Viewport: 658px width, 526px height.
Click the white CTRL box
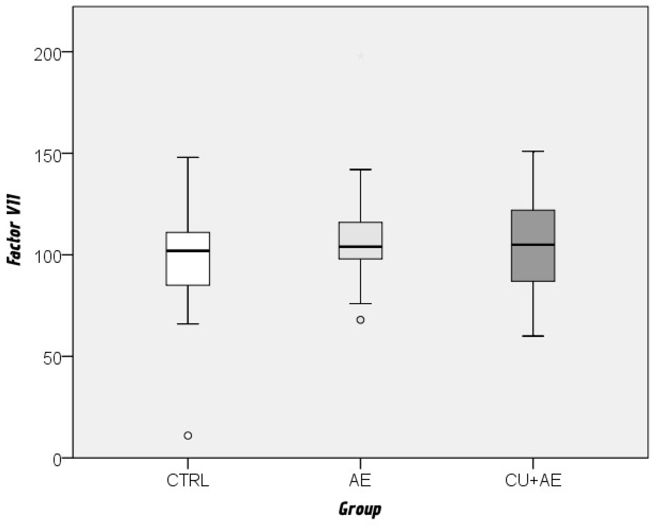point(188,269)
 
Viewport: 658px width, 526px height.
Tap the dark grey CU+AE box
point(533,263)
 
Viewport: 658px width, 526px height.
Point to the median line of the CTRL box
point(188,251)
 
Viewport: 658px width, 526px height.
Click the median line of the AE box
point(360,247)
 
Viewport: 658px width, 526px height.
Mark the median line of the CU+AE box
point(533,244)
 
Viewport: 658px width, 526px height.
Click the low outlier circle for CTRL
point(188,435)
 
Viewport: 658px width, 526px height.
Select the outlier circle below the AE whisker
point(360,320)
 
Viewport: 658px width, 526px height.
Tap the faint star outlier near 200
point(360,56)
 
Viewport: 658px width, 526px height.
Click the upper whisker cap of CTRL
point(188,157)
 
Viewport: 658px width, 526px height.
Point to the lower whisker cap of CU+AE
point(533,336)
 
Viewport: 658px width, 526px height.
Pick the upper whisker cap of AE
point(360,169)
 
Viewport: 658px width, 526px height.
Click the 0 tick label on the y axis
point(57,460)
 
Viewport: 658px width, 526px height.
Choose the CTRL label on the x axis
point(188,481)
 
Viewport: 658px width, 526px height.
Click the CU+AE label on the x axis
point(533,481)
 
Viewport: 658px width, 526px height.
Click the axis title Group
point(360,509)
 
